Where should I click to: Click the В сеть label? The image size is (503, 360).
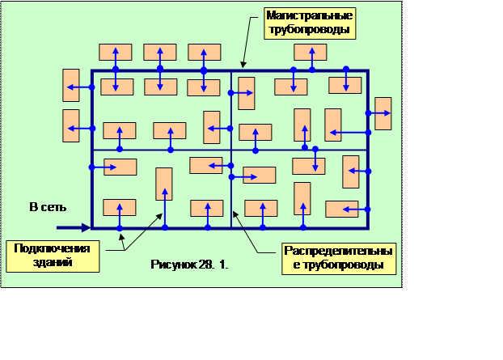(x=46, y=208)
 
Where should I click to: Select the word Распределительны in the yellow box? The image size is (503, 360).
(x=338, y=252)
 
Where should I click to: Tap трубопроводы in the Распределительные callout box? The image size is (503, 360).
(x=338, y=265)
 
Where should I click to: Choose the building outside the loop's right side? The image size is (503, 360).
(x=383, y=113)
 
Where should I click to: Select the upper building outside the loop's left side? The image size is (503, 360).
(x=71, y=86)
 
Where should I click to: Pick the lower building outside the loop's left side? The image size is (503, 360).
(x=71, y=125)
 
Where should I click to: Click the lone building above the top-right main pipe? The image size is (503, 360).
(x=311, y=53)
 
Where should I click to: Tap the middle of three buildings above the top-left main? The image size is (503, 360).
(x=160, y=52)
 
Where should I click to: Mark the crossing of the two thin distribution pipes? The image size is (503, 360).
(x=232, y=150)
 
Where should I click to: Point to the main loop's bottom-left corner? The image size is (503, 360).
(x=92, y=228)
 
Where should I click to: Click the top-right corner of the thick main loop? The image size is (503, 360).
(x=368, y=71)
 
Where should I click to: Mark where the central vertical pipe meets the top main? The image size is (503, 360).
(x=232, y=71)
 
